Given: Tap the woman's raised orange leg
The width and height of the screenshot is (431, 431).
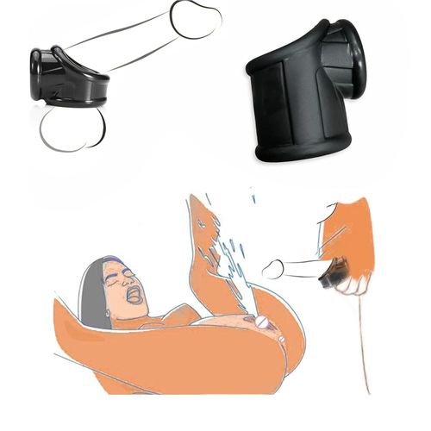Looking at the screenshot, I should click(x=203, y=259).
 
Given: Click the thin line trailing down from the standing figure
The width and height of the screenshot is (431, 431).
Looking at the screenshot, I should click(x=362, y=345).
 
